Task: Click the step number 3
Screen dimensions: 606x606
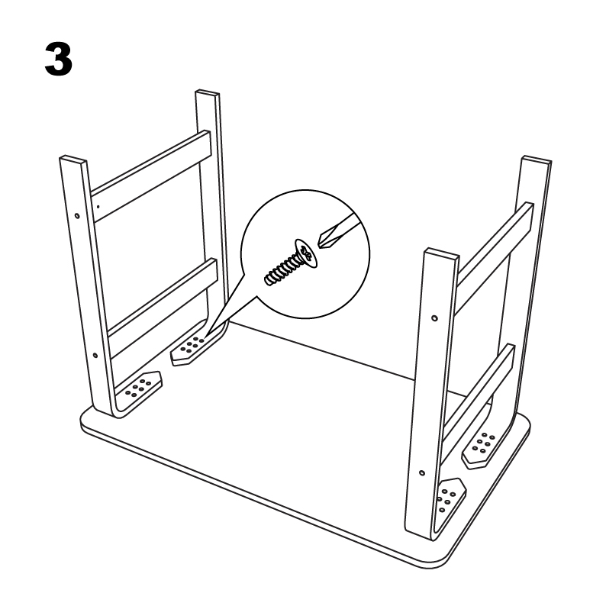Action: (59, 59)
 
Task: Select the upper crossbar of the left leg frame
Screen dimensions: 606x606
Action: (151, 176)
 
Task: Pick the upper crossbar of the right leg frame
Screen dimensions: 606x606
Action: (495, 258)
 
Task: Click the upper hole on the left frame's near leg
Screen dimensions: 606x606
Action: (77, 216)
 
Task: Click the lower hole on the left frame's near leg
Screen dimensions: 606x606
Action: (95, 355)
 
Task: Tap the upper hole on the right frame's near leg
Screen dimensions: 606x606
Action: (434, 318)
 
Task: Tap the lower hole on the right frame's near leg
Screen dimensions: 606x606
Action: (422, 472)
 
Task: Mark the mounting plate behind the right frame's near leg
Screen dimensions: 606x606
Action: (450, 501)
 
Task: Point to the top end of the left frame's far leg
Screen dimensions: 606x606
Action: (208, 93)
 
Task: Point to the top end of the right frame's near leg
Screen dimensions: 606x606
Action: (441, 253)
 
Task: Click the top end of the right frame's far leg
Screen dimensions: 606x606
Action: (537, 160)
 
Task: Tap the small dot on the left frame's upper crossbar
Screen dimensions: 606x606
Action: (98, 207)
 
